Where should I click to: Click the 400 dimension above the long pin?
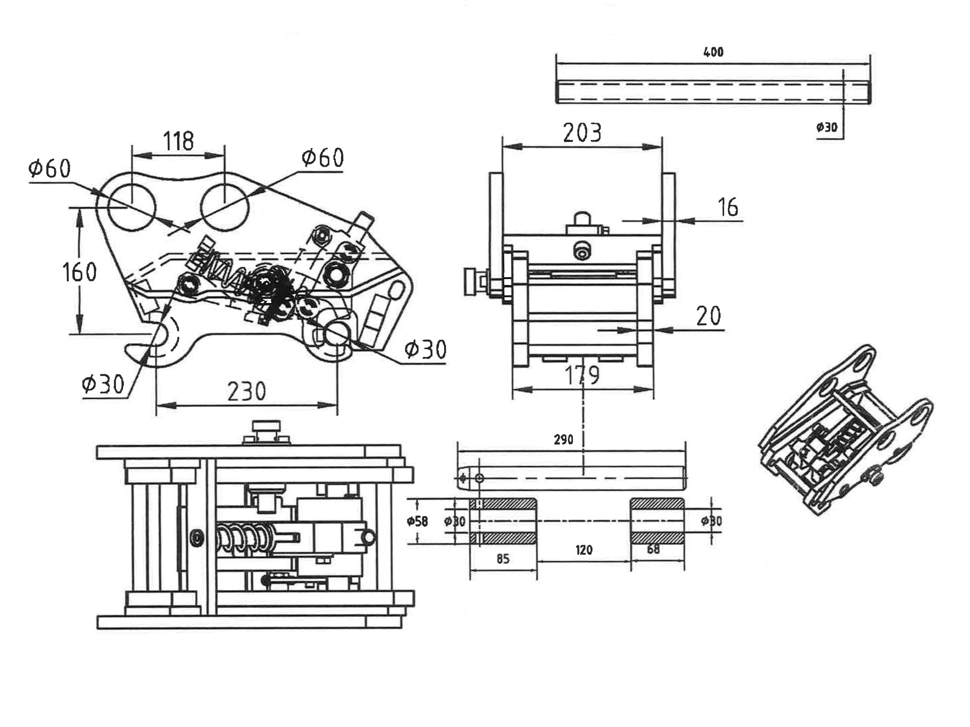click(x=713, y=52)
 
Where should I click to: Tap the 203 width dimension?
click(x=582, y=133)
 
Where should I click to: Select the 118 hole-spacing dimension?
click(x=178, y=141)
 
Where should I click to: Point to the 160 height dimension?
click(x=79, y=272)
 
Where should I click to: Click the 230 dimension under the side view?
click(x=246, y=391)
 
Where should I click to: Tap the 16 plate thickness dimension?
click(x=728, y=207)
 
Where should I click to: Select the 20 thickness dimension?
click(x=709, y=315)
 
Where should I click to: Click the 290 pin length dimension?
click(x=563, y=440)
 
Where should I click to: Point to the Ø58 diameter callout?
click(x=417, y=521)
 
